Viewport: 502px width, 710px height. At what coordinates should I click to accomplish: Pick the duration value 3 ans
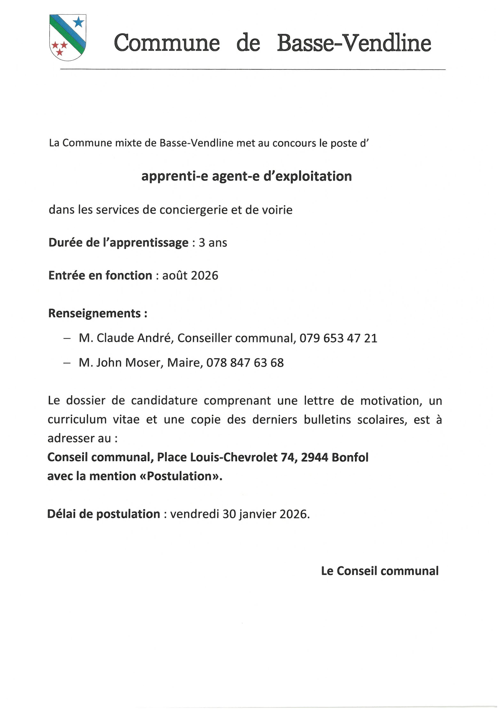213,243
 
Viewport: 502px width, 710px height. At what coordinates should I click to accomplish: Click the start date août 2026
190,275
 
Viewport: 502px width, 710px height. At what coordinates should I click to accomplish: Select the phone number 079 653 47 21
338,338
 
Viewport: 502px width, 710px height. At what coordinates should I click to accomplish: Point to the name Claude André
133,338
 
